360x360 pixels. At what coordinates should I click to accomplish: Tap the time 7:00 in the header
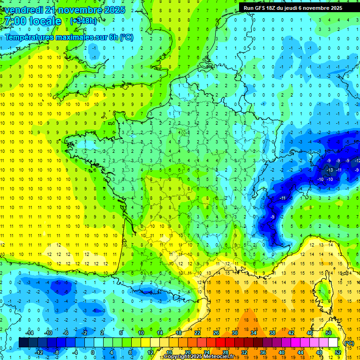tap(14, 21)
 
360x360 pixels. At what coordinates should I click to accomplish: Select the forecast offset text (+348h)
tap(83, 21)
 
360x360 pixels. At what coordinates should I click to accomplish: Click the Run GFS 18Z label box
tap(293, 7)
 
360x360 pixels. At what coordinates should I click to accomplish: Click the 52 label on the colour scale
tap(338, 352)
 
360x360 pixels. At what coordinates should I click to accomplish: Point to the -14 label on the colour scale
tap(29, 333)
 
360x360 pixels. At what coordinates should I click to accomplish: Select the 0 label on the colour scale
tap(93, 352)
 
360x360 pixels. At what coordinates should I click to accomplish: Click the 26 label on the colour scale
tap(216, 333)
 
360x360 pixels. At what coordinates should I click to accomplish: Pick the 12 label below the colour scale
tap(150, 352)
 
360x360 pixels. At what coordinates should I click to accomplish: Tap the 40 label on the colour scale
tap(281, 352)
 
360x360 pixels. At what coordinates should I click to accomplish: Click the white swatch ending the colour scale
tap(333, 342)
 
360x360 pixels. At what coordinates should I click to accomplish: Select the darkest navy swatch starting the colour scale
tap(23, 342)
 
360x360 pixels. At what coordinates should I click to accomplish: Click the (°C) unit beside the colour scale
tap(349, 343)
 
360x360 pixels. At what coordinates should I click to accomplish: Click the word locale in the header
tap(45, 21)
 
